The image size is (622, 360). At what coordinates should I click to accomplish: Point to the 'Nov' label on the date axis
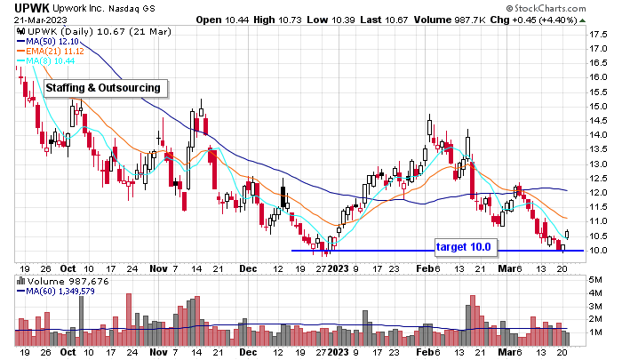[158, 267]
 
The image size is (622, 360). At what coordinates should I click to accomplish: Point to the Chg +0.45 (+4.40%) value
[570, 20]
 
